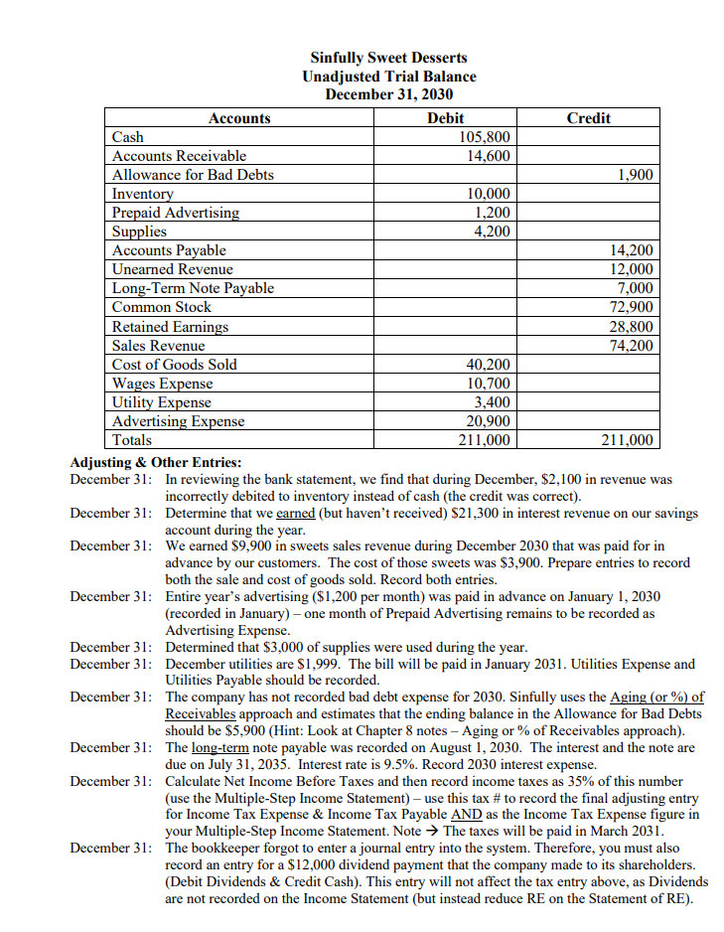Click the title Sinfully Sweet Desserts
pyautogui.click(x=388, y=58)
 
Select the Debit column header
pyautogui.click(x=444, y=118)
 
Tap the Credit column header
pyautogui.click(x=588, y=118)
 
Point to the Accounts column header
pyautogui.click(x=239, y=118)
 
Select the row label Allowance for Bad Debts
pyautogui.click(x=193, y=175)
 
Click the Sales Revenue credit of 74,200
pyautogui.click(x=631, y=346)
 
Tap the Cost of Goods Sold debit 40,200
pyautogui.click(x=488, y=365)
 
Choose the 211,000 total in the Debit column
pyautogui.click(x=484, y=440)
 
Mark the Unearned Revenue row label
pyautogui.click(x=173, y=269)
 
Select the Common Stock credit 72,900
pyautogui.click(x=631, y=307)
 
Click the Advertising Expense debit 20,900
pyautogui.click(x=488, y=421)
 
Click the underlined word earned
pyautogui.click(x=296, y=514)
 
